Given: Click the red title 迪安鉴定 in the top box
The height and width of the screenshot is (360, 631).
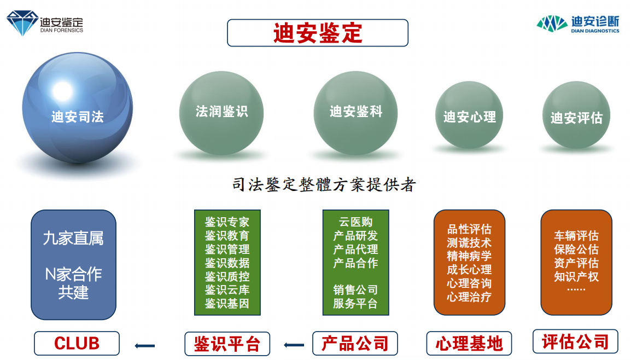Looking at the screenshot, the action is pos(318,33).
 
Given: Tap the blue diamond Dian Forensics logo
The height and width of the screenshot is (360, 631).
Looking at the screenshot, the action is pos(22,24).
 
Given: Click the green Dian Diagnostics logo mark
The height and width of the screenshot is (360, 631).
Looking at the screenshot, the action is pos(552,24).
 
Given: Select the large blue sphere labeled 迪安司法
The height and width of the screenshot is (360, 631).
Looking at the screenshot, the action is pos(77,108).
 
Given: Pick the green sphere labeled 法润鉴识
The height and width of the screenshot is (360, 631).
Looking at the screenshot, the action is pos(221,113).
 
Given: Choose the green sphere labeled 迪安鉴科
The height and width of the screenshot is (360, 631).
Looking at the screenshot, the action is pos(356,113).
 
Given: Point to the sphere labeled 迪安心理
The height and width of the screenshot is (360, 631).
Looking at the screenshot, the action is pos(469,115).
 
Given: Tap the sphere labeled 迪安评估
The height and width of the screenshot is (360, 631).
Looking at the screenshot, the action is pos(576,115).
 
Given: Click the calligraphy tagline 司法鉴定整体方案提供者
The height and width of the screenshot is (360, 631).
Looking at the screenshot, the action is pos(324,185).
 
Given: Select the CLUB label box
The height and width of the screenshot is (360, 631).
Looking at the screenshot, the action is pos(77,344).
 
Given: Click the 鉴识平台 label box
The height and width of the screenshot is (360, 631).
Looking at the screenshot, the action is pos(227,344).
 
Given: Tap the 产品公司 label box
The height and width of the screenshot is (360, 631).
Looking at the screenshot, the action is pos(355,344).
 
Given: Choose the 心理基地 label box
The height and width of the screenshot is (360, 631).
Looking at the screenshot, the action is pos(469,344).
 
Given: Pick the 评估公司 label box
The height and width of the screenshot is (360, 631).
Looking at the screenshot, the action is pos(575,342).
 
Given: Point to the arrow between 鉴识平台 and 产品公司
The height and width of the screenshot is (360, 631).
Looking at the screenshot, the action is pos(294,345).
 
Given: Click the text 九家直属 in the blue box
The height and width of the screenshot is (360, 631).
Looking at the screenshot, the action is pos(73,239).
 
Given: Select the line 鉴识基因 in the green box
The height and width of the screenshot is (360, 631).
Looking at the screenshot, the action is pos(227,303).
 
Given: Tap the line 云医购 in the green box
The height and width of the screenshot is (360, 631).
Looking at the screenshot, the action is pos(356,222).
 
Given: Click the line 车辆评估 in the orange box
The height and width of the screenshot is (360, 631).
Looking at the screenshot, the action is pos(576,236).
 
